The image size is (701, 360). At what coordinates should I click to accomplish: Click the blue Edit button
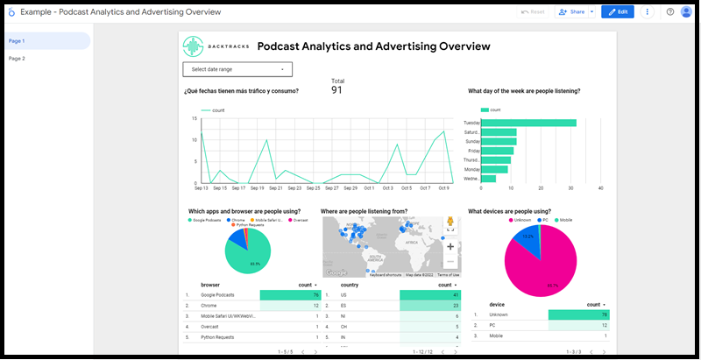[x=618, y=12]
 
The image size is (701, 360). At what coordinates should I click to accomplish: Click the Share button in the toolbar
[x=572, y=12]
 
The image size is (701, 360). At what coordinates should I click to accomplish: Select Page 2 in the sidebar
[x=18, y=59]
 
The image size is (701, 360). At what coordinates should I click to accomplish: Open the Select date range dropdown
[x=237, y=69]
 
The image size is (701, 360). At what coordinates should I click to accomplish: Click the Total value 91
[x=336, y=89]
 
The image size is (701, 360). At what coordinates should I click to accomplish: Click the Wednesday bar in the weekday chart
[x=489, y=179]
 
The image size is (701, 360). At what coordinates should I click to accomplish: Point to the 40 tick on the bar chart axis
[x=600, y=188]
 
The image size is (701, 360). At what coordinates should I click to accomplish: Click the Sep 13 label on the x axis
[x=201, y=188]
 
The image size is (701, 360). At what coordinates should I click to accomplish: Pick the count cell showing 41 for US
[x=430, y=295]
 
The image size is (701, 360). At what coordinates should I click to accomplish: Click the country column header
[x=350, y=285]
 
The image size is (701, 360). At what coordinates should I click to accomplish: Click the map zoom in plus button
[x=450, y=246]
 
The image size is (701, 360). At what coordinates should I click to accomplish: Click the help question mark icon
[x=670, y=12]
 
